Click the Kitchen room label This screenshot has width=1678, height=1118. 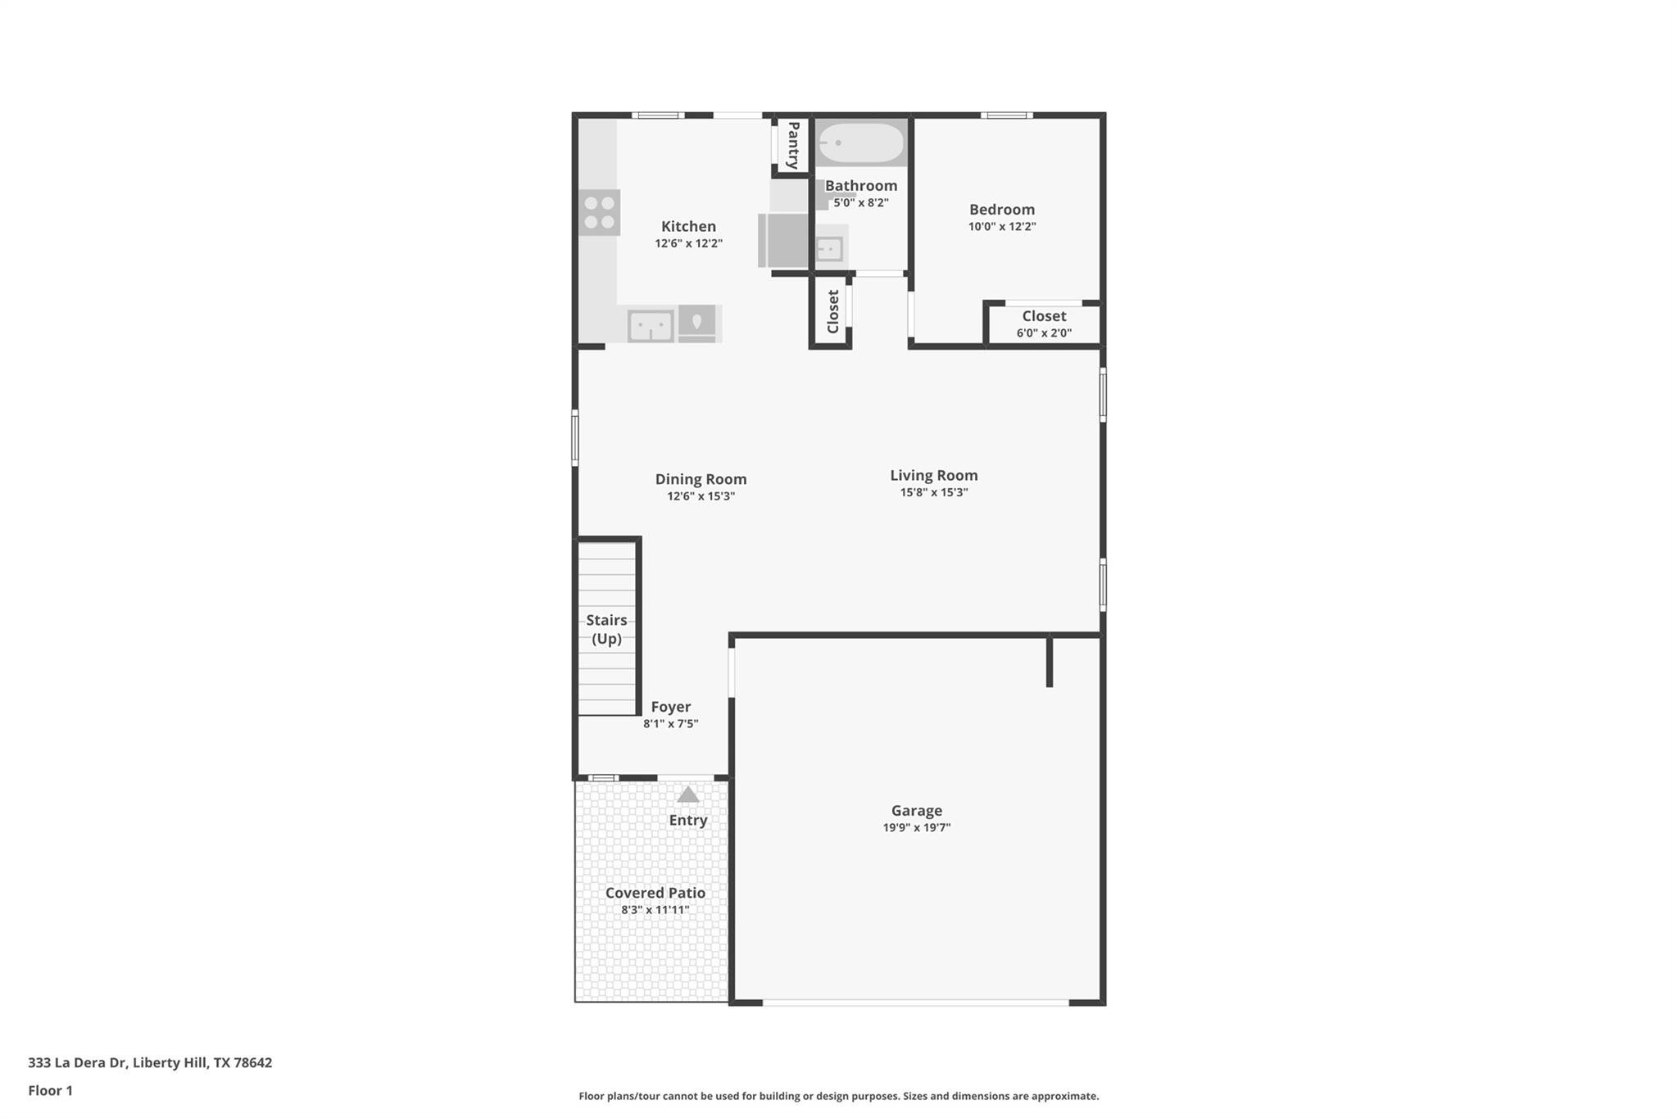tap(688, 226)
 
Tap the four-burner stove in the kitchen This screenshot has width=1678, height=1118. tap(599, 213)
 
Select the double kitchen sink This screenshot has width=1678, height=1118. tap(651, 326)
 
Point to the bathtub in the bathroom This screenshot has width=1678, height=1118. tap(861, 143)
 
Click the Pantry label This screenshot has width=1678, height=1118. tap(793, 145)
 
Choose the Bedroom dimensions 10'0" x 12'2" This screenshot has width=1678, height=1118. tap(1002, 227)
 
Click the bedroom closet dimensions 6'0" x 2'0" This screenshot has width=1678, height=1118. tap(1044, 333)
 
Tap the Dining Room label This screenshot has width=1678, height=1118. tap(701, 479)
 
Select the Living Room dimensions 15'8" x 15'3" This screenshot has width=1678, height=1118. tap(934, 492)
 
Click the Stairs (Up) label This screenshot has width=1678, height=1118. tap(606, 629)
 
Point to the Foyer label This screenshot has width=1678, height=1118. tap(670, 707)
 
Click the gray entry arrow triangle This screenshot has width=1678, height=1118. tap(688, 794)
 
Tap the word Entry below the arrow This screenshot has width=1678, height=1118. tap(688, 820)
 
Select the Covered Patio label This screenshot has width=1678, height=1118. tap(655, 893)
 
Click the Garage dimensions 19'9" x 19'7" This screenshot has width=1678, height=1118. tap(917, 828)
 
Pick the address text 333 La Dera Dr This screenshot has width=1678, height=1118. tap(77, 1063)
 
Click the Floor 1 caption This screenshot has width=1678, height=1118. tap(50, 1091)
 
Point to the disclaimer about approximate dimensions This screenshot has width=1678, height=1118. tap(839, 1096)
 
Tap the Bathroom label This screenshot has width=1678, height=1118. tap(861, 186)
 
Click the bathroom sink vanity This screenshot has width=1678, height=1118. tap(830, 247)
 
